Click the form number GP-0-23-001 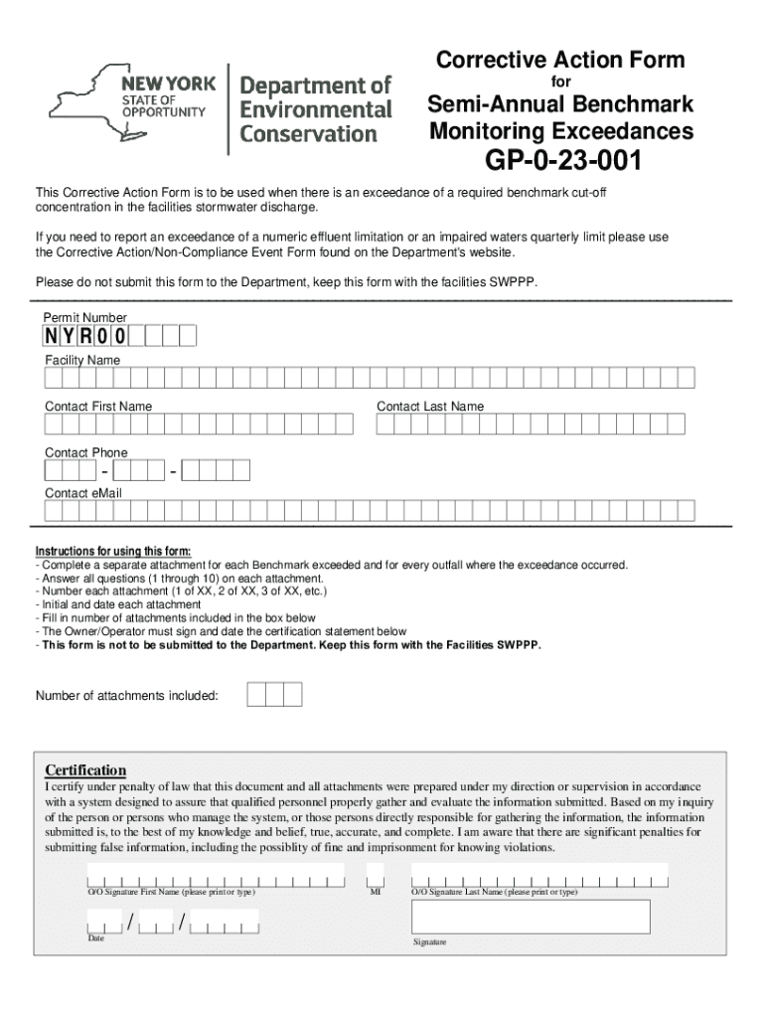[x=561, y=161]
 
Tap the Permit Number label [x=84, y=317]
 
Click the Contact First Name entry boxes [x=200, y=425]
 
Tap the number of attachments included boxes [x=274, y=694]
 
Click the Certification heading [x=86, y=770]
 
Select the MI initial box [x=375, y=876]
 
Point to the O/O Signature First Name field [x=215, y=877]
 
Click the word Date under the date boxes [x=95, y=938]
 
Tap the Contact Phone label [x=86, y=453]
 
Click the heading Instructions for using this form [x=113, y=552]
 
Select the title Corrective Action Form [x=560, y=61]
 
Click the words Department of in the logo [x=316, y=85]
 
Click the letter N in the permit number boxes [x=51, y=336]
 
